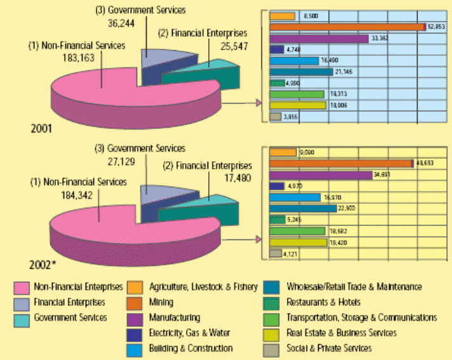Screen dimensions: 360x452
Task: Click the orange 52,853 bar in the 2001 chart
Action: point(347,27)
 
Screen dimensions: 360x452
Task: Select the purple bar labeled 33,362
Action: point(319,38)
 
